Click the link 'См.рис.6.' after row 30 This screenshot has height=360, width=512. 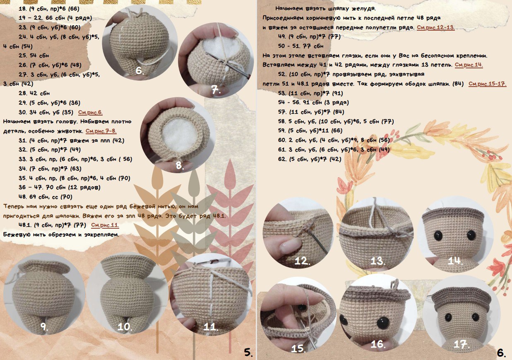point(90,113)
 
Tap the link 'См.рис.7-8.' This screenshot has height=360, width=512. point(101,131)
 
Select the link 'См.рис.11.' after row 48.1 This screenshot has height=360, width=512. point(105,225)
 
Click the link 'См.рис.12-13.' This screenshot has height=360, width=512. point(436,27)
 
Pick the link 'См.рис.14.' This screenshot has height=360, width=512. point(469,65)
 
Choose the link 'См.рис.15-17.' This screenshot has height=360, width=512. point(487,84)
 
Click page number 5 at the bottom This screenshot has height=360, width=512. point(248,353)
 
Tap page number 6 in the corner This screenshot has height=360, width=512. point(502,353)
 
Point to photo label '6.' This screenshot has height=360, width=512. point(139,71)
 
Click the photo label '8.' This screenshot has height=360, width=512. point(180,165)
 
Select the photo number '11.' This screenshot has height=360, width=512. point(211,327)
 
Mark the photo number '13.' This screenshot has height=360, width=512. point(377,261)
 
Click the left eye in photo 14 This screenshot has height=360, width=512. point(438,236)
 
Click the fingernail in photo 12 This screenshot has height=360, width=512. point(288,245)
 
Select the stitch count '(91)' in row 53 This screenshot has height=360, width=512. point(338,93)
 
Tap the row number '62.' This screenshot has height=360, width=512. point(283,159)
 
